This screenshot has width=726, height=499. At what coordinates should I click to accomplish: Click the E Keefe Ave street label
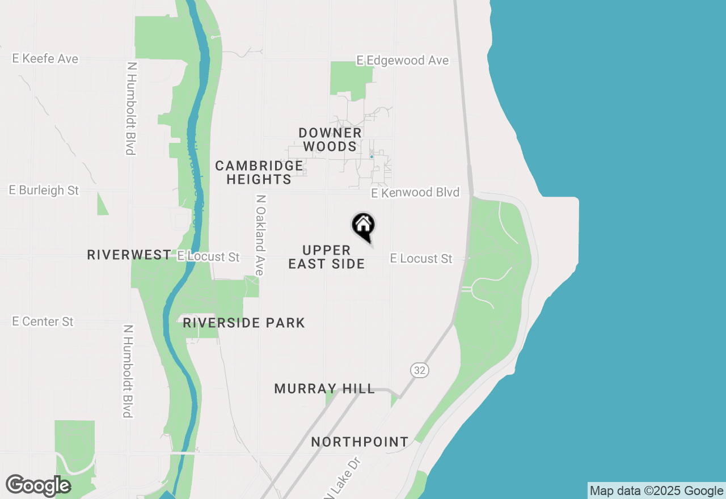45,59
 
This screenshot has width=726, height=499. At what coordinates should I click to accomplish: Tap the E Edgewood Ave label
403,60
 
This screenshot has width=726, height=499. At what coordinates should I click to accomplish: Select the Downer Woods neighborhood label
330,139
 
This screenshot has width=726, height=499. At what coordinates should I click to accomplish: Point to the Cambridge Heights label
259,172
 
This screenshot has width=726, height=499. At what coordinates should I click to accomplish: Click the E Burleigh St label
44,191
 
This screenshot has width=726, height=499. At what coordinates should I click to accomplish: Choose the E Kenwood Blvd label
415,193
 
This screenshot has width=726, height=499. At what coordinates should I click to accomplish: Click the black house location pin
364,226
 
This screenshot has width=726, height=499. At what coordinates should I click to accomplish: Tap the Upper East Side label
327,257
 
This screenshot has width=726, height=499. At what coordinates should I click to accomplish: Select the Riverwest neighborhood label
129,255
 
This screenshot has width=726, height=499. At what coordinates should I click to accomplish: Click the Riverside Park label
244,323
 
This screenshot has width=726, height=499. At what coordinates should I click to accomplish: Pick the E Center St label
43,322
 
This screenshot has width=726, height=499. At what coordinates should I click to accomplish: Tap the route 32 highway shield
419,370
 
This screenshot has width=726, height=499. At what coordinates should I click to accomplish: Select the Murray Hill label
324,389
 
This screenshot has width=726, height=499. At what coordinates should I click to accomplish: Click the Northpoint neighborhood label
360,442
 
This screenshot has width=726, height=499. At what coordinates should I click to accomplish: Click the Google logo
38,485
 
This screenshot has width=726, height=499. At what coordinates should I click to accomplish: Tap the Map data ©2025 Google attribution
656,491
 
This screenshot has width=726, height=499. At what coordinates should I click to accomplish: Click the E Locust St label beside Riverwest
208,256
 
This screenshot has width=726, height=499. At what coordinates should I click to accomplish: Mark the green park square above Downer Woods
351,78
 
